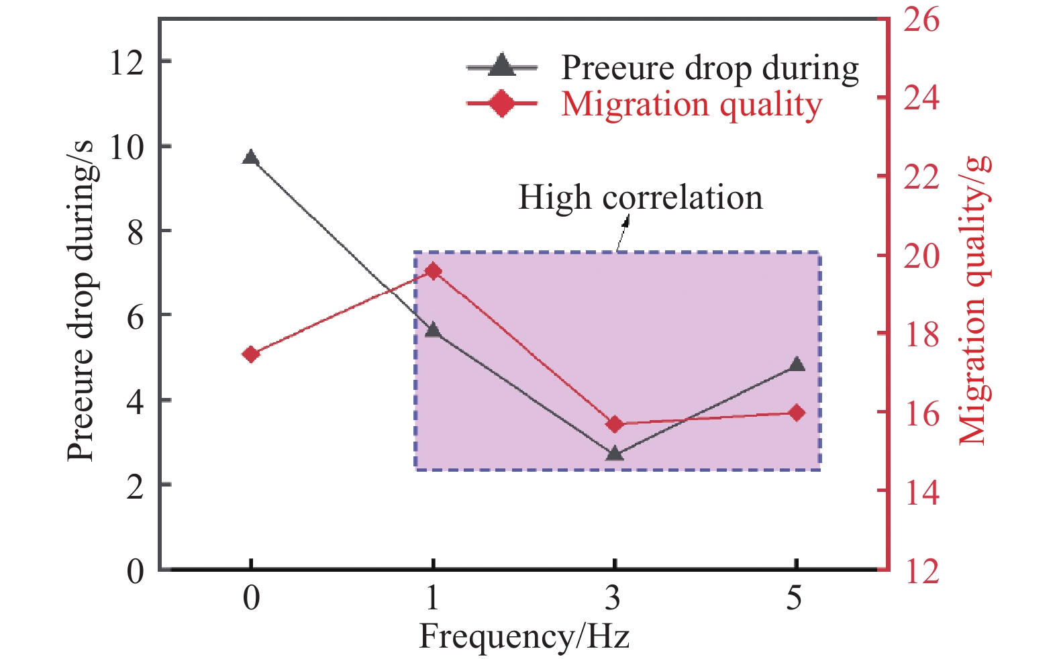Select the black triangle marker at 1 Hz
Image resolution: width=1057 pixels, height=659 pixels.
(433, 330)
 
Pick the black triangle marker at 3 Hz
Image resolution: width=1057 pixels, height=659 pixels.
(615, 454)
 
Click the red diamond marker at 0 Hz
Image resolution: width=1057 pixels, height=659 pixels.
(251, 354)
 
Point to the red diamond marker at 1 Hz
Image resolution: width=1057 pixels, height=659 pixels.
(434, 271)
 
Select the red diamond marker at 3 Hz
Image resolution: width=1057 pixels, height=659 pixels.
(615, 424)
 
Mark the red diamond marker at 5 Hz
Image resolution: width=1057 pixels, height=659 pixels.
(797, 413)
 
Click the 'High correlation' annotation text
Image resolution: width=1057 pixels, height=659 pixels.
(640, 197)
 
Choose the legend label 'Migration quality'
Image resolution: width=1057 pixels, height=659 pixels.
(691, 105)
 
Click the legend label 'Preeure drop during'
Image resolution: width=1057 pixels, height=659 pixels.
(709, 68)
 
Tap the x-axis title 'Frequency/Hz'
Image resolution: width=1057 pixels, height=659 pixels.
(524, 636)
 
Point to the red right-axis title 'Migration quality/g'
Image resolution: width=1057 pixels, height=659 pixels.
(974, 300)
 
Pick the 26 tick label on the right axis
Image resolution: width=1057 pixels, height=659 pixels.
(921, 19)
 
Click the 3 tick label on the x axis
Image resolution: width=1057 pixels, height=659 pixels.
(613, 597)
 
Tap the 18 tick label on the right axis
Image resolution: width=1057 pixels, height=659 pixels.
(921, 334)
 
